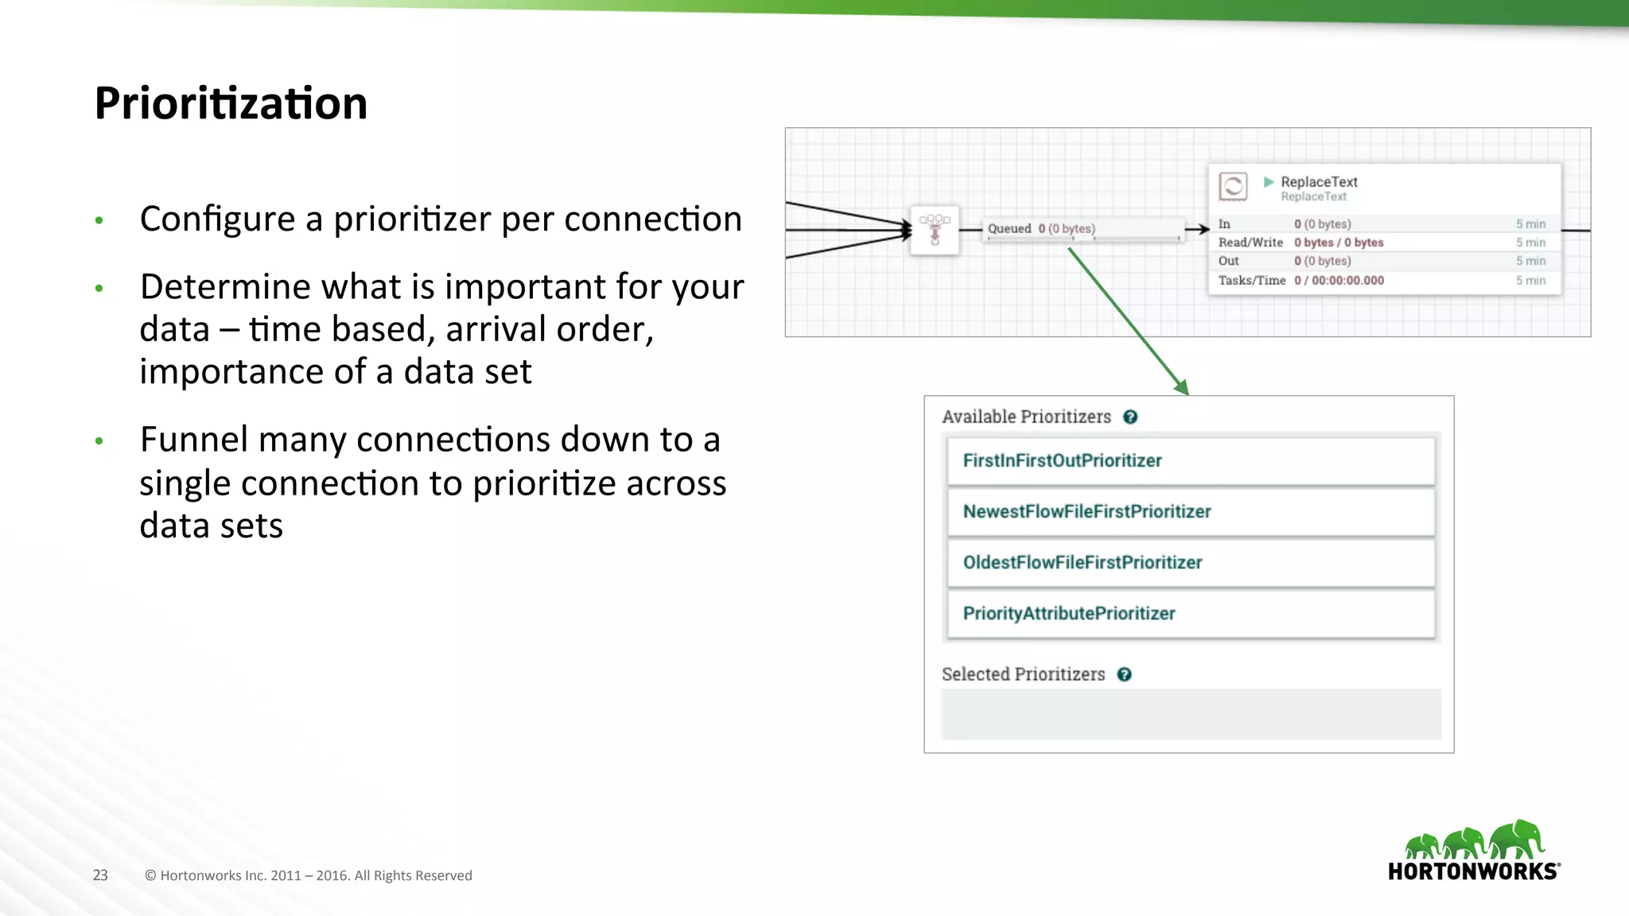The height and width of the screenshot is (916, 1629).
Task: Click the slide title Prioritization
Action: (231, 103)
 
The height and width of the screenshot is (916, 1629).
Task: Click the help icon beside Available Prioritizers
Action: (1130, 417)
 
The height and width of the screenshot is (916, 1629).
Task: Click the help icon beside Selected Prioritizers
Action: (1124, 675)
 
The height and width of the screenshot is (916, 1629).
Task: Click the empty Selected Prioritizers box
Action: (1190, 714)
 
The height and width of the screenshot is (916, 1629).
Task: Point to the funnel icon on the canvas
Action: (935, 230)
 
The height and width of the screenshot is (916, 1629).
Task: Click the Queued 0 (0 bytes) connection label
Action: (1041, 229)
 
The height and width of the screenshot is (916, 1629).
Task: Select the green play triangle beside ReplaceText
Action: (1269, 182)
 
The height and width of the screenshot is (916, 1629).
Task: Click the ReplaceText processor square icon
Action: (1233, 188)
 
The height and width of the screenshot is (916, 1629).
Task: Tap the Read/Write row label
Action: (1250, 243)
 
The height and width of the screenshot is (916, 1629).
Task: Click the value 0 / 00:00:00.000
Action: (1339, 281)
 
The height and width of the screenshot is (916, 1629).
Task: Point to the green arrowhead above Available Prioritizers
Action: (1182, 387)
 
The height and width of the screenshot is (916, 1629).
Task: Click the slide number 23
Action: (100, 875)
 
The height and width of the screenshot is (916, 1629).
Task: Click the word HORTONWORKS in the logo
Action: (1472, 871)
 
